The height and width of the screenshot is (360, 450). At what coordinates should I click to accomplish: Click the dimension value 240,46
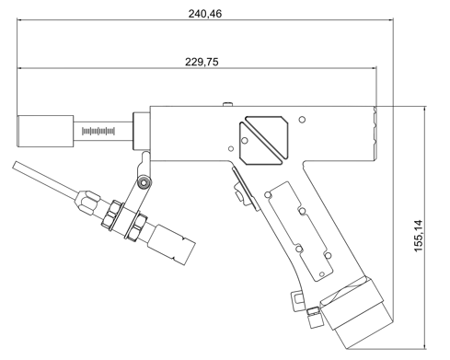[204, 14]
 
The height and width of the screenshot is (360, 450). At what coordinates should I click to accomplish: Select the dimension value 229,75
[202, 62]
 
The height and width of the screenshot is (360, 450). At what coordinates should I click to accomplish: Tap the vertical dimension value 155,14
[419, 236]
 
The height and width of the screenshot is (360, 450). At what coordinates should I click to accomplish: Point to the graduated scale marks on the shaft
[98, 132]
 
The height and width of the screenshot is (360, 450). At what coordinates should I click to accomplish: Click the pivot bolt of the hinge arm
[144, 182]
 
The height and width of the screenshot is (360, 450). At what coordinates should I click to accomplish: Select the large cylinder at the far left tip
[45, 131]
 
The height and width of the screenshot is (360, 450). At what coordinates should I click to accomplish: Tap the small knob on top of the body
[227, 104]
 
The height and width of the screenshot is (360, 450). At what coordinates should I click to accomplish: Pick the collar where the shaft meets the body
[142, 131]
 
